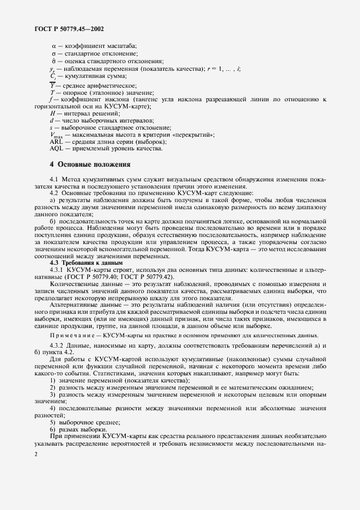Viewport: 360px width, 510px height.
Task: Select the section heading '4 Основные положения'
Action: point(90,163)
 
